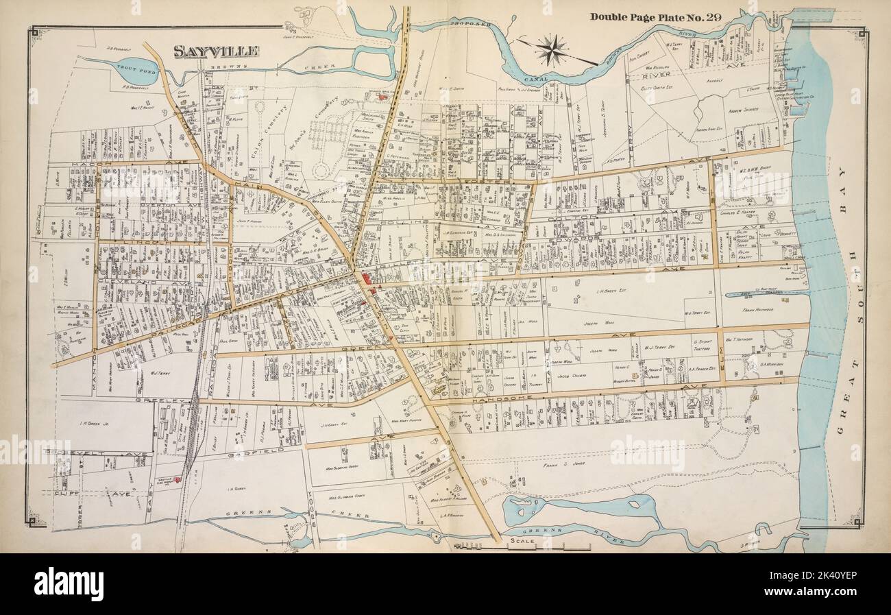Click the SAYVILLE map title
coord(215,51)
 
